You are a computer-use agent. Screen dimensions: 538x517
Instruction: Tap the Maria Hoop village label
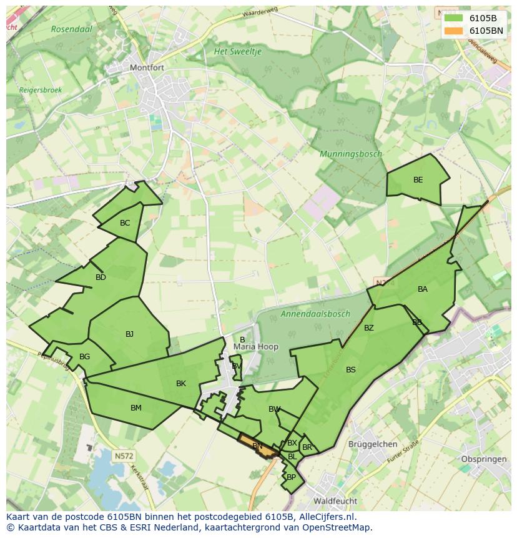(255, 347)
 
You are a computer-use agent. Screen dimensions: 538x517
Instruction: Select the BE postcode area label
(418, 180)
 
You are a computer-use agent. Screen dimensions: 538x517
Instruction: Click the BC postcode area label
(125, 223)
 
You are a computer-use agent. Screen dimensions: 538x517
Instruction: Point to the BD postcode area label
(101, 277)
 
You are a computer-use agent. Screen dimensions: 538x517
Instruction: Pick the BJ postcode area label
(129, 334)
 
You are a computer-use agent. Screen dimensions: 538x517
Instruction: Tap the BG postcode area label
(85, 357)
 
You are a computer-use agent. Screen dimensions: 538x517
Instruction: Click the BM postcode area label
(135, 408)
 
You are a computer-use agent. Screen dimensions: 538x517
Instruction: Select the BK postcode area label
(181, 384)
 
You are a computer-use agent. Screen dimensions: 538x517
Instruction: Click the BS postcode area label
(351, 370)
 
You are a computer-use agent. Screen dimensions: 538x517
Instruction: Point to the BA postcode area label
(423, 289)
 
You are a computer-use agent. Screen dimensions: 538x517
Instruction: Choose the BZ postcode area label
(369, 328)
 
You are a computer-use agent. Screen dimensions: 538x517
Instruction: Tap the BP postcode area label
(291, 477)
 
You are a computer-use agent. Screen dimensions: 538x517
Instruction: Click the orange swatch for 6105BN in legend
(453, 30)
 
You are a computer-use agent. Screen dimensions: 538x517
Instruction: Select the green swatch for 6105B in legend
(453, 17)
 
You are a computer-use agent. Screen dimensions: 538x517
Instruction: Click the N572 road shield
(124, 456)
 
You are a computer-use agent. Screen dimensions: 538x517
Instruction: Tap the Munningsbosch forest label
(350, 154)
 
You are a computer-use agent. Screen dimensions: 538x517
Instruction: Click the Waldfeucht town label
(335, 501)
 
